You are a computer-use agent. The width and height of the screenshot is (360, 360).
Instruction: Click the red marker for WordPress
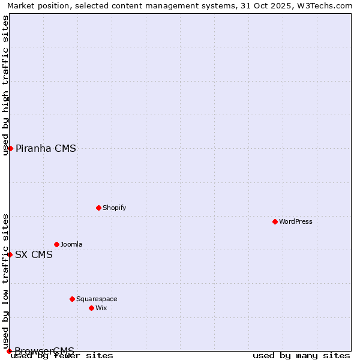275,221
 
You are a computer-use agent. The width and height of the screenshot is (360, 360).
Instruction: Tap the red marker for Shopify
98,208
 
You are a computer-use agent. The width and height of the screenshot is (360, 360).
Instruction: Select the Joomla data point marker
56,244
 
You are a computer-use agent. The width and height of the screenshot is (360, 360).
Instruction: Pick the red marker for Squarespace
72,299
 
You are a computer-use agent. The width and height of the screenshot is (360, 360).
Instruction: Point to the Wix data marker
91,308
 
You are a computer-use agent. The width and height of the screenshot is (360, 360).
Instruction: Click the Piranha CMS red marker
10,148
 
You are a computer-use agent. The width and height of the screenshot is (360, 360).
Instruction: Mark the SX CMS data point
10,254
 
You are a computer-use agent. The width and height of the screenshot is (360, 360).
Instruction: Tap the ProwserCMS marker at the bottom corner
9,351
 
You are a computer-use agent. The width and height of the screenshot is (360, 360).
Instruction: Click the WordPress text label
296,221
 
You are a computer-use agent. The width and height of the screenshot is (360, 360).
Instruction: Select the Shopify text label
114,208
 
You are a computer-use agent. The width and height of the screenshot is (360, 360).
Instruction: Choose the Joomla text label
71,244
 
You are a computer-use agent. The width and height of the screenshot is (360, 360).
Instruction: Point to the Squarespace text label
97,299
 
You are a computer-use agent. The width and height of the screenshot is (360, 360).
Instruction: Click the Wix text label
101,308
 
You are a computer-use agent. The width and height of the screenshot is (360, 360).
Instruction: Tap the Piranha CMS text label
46,149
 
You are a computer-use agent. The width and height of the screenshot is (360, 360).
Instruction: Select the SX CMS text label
34,254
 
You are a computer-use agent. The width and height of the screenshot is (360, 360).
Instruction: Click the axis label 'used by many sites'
301,355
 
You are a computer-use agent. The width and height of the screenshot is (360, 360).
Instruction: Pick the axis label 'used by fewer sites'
62,355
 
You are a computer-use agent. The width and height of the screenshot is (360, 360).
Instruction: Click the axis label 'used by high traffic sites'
5,85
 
